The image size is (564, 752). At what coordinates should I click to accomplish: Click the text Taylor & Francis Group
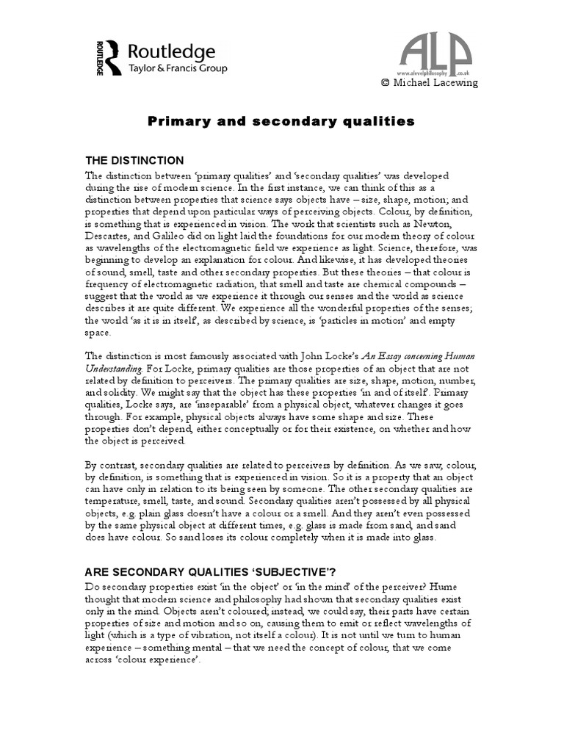click(x=178, y=68)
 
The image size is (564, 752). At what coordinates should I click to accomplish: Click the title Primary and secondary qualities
click(x=281, y=121)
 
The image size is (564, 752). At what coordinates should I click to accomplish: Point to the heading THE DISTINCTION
click(x=134, y=161)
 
